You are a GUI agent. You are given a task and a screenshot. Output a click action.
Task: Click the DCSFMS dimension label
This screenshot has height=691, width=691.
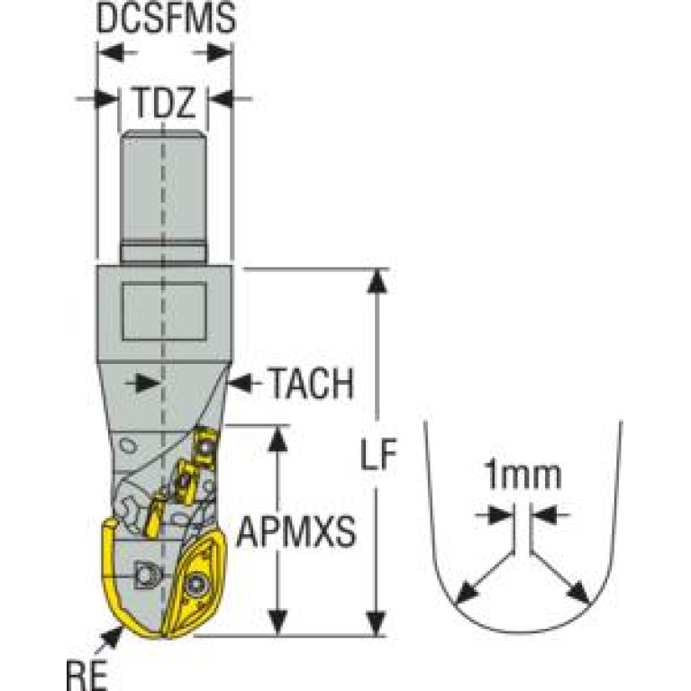(x=166, y=18)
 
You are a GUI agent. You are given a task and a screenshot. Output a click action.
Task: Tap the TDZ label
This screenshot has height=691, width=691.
(x=164, y=102)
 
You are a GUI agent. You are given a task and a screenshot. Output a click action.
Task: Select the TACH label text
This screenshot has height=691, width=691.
(x=312, y=384)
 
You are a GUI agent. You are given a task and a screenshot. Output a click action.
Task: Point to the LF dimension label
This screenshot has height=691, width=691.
(x=378, y=454)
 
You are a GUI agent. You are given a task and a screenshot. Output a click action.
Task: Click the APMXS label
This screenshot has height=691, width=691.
(x=296, y=532)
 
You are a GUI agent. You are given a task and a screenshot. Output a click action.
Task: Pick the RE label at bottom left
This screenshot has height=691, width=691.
(x=86, y=675)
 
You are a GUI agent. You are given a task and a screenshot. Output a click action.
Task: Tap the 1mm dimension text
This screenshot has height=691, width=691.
(x=523, y=475)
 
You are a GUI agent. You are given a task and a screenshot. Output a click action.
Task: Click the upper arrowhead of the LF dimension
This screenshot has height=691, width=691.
(x=377, y=281)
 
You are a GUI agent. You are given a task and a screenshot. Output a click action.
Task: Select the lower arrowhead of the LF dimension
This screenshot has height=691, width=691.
(x=377, y=623)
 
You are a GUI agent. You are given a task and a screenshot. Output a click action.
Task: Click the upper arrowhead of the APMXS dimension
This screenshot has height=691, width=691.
(x=277, y=439)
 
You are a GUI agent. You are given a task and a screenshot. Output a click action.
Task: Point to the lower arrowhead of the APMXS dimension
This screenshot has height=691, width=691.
(x=277, y=623)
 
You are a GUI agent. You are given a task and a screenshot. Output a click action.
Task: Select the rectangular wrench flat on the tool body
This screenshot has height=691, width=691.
(x=164, y=312)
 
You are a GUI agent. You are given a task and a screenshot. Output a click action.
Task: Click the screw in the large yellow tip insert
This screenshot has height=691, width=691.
(x=195, y=586)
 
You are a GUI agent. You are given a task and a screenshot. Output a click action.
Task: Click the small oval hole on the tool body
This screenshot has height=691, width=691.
(x=128, y=446)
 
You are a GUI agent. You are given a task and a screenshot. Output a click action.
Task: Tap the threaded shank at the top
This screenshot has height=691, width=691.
(x=163, y=197)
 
